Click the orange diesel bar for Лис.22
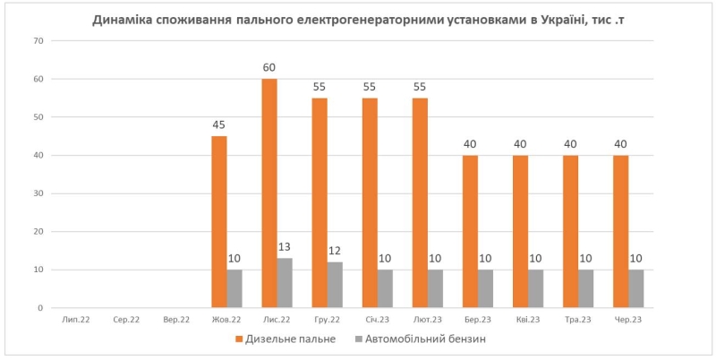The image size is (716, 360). pos(269,193)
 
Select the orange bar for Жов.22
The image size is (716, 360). pos(219,222)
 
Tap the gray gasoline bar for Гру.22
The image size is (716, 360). pos(335,285)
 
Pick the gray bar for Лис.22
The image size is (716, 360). pos(285,283)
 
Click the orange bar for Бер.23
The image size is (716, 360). pos(470,231)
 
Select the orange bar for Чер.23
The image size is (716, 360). pos(620,231)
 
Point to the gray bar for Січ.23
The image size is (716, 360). pos(385,288)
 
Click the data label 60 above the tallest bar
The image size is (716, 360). pos(269,68)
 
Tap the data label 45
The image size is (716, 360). pos(219,125)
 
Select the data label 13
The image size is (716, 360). pos(285,247)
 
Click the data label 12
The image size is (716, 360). pos(335,251)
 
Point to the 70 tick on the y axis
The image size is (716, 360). pos(38,41)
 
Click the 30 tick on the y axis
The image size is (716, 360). pos(38,193)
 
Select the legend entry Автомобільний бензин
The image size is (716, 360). pos(424,339)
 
